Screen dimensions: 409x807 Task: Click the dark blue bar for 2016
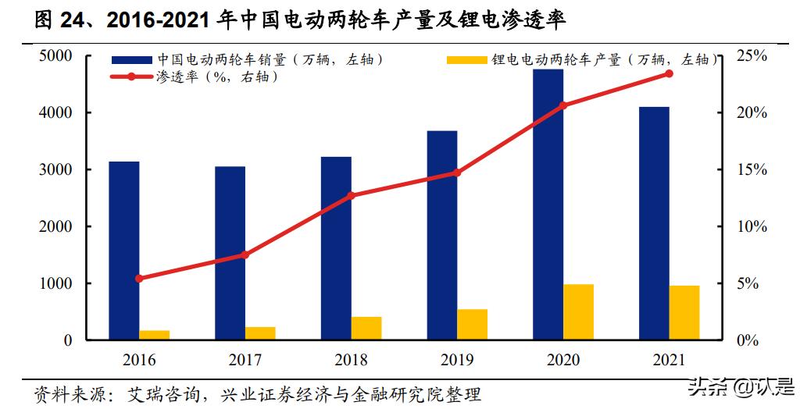[123, 251]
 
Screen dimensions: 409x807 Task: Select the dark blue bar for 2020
[548, 204]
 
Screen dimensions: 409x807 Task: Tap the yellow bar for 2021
[684, 312]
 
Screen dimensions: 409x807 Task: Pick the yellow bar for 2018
[366, 328]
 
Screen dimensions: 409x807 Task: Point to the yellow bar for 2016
[154, 335]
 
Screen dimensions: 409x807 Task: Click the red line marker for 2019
[457, 172]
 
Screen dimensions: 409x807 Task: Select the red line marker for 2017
[245, 254]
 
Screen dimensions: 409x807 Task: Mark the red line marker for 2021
[669, 73]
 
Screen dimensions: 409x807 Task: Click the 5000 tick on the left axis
[55, 56]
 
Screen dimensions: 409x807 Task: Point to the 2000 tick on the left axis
[55, 227]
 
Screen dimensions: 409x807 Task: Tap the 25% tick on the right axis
[752, 56]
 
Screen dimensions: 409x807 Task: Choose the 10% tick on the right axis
[752, 227]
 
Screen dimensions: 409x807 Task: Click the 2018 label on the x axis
[351, 360]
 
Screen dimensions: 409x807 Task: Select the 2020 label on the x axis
[562, 360]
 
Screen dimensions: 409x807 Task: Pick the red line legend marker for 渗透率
[131, 76]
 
